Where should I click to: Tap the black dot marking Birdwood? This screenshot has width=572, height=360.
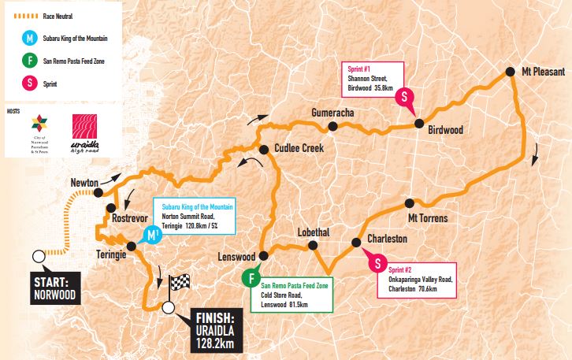(x=419, y=123)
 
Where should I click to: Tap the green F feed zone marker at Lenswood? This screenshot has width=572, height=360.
(x=251, y=278)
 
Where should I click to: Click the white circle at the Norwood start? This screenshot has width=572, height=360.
(x=38, y=256)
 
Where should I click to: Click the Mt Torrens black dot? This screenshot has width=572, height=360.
(x=409, y=202)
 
